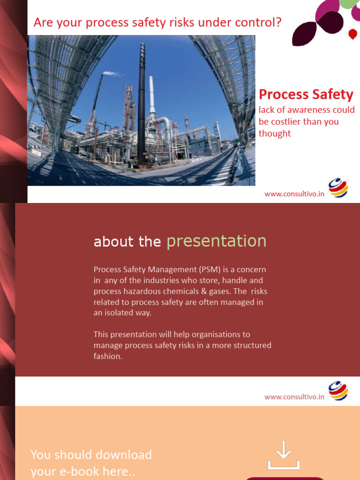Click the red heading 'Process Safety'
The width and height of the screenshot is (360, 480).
pos(306,95)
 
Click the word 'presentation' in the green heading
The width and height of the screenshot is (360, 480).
pos(217,241)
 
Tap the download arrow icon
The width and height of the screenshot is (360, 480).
pos(284,454)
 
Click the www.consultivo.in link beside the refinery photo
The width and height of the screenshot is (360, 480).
pos(294,194)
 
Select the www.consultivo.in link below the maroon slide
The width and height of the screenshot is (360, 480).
pos(294,397)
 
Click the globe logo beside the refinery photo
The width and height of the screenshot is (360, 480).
pos(338,188)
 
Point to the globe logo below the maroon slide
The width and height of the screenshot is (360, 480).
pos(338,391)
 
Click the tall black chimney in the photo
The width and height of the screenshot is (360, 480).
pos(141,103)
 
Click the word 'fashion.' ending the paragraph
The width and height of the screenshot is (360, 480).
pos(108,356)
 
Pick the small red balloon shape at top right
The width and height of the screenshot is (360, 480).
pos(353,34)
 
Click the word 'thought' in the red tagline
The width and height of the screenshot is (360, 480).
pos(275,134)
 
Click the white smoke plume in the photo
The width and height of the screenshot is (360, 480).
pos(112,74)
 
